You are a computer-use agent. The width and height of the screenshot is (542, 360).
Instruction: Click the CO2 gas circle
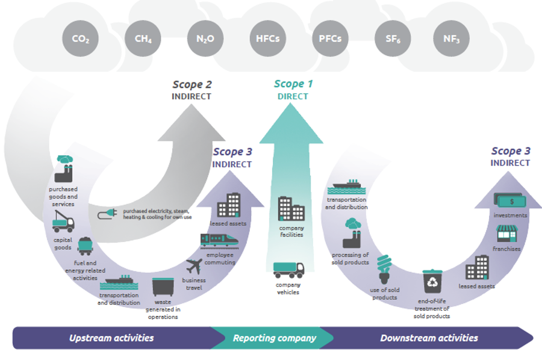(80, 39)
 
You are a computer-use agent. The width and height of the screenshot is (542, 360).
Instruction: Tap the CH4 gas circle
(143, 39)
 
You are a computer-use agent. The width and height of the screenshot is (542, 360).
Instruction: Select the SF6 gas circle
(392, 39)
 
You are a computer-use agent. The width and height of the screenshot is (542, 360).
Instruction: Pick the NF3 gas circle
(451, 39)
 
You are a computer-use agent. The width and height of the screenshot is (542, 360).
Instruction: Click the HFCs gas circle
(267, 39)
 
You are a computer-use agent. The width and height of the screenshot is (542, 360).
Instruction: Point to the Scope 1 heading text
(293, 84)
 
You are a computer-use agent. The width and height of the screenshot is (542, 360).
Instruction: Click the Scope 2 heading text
(192, 85)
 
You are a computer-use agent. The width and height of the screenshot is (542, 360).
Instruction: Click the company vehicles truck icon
(288, 269)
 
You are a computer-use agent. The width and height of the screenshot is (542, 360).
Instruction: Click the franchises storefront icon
(507, 234)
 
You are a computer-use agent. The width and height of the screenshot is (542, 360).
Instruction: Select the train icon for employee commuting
(218, 241)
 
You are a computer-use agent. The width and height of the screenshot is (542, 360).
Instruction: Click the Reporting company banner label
(274, 338)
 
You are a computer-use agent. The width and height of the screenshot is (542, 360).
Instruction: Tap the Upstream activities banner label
(111, 338)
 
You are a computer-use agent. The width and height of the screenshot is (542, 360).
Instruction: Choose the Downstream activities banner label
(429, 338)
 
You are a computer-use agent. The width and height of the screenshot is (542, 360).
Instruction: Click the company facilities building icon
(291, 208)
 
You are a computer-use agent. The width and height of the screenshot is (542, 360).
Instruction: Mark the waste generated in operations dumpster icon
(163, 287)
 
